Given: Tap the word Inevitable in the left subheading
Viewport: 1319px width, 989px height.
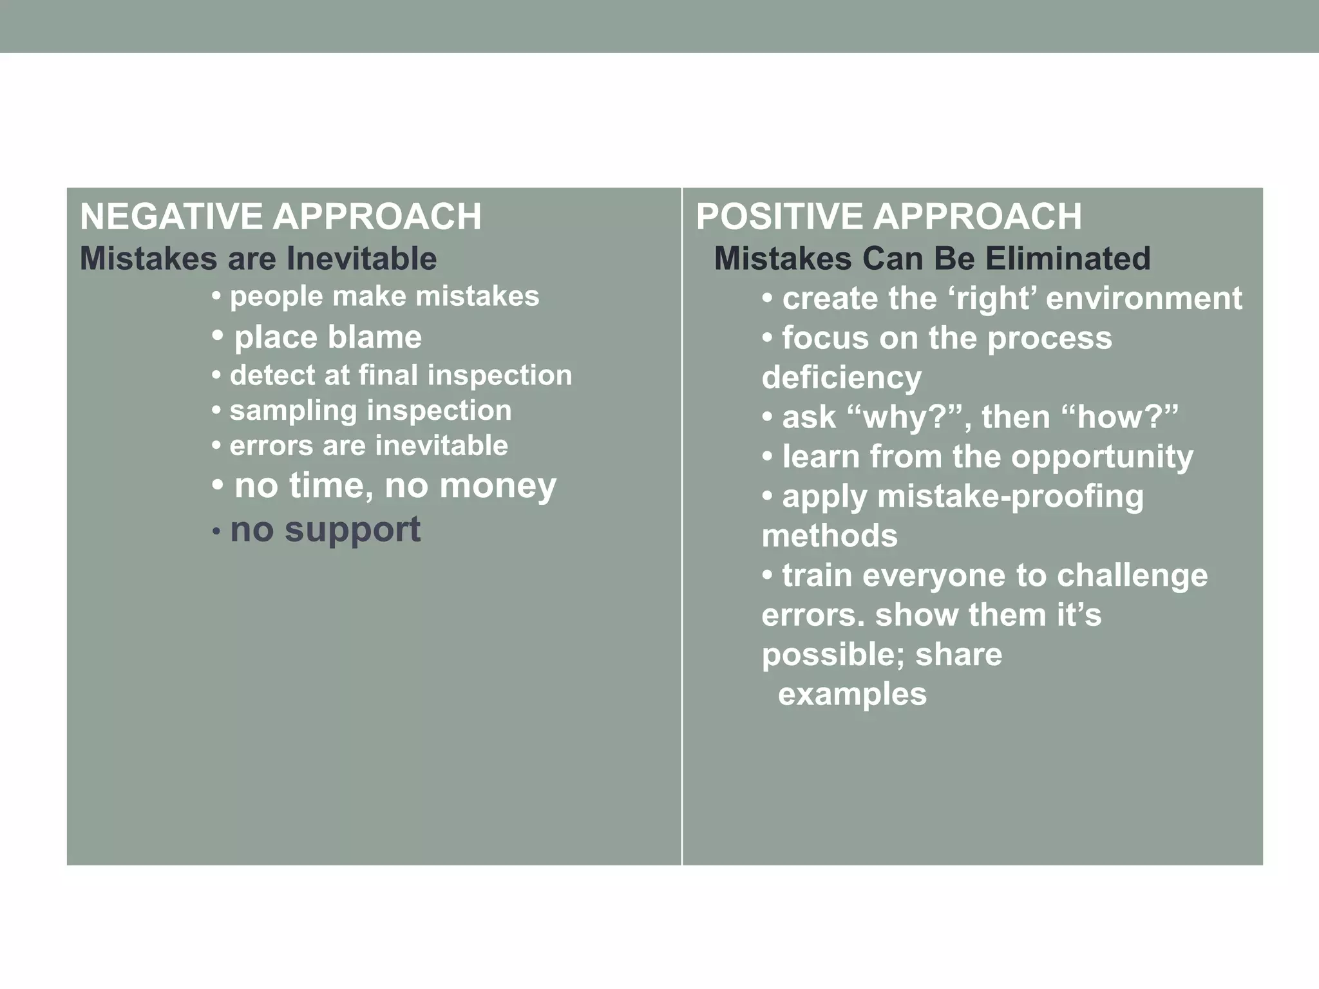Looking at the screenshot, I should coord(361,259).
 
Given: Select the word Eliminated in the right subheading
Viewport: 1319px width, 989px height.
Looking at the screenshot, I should coord(1067,259).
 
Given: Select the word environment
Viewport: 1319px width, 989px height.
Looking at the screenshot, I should coord(1144,299).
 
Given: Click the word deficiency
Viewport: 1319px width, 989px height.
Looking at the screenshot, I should coord(841,378).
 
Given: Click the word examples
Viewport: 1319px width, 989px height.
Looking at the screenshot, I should coord(852,695).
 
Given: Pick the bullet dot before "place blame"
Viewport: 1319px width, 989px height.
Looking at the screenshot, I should coord(218,335).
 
